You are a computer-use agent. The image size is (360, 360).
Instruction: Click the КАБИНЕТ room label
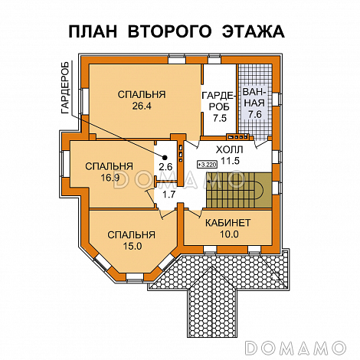click(x=227, y=222)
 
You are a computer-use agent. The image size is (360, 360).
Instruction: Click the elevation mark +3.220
click(x=207, y=164)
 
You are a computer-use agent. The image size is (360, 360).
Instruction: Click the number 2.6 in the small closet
click(x=165, y=166)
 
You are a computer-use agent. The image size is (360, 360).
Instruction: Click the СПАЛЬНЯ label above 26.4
click(x=141, y=95)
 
